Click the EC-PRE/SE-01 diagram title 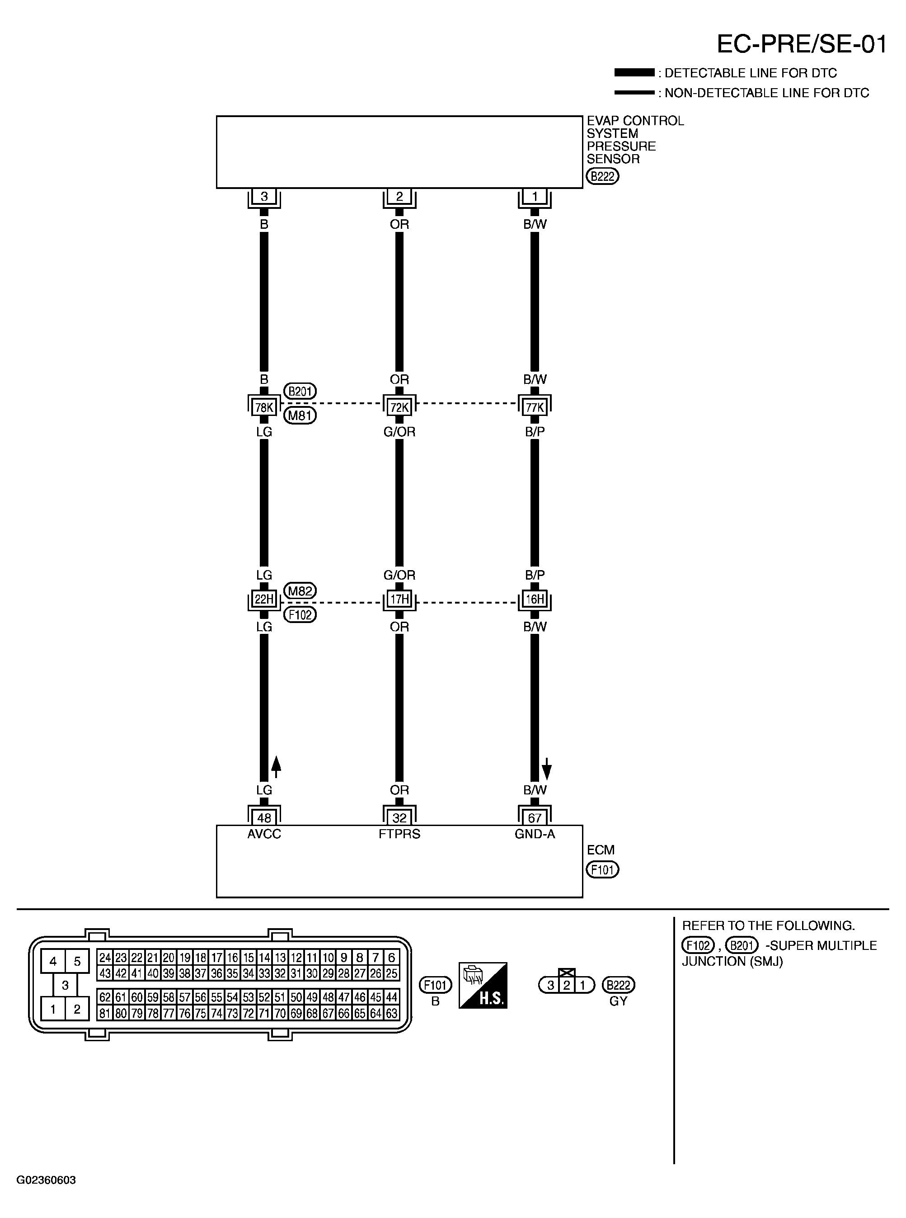click(801, 44)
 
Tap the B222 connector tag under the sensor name click(602, 176)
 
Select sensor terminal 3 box click(264, 196)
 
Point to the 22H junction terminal click(264, 599)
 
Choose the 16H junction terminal click(535, 599)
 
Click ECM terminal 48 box click(264, 818)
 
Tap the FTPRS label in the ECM click(399, 834)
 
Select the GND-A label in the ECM click(535, 834)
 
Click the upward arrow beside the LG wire click(277, 766)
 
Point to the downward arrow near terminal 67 click(547, 769)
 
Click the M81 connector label click(300, 415)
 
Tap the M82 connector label click(300, 591)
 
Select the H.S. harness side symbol click(483, 985)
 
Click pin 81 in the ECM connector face click(105, 1013)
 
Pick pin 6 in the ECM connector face click(392, 958)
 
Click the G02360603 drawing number click(46, 1180)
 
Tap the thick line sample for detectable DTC click(634, 72)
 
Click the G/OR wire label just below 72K click(399, 432)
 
